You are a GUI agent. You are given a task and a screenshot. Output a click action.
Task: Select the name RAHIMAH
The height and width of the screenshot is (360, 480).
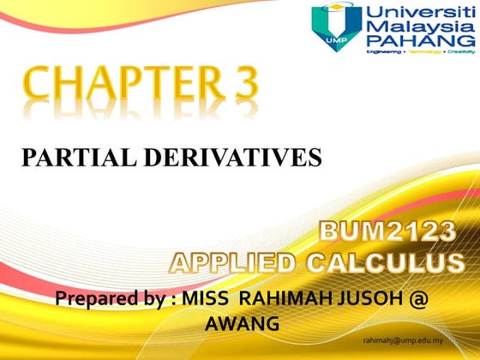(x=291, y=300)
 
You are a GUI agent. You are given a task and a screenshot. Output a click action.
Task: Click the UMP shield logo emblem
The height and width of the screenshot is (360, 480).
(x=335, y=26)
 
